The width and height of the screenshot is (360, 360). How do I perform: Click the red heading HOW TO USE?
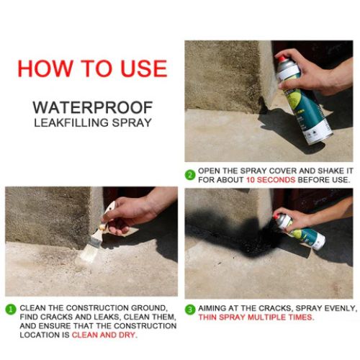(x=92, y=68)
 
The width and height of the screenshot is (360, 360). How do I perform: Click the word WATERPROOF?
(x=91, y=107)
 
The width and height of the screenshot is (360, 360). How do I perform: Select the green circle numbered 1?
(x=10, y=308)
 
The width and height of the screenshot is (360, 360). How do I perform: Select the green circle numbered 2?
(x=190, y=174)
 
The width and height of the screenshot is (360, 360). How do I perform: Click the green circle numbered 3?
(x=190, y=308)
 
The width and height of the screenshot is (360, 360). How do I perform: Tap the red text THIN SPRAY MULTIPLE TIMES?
(x=256, y=318)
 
